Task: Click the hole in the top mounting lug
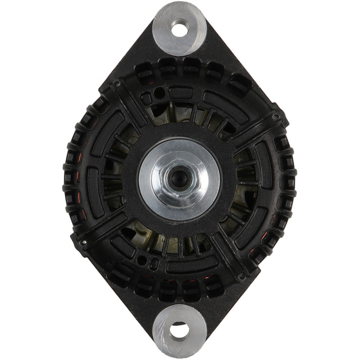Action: [180, 29]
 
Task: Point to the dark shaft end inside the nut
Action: [180, 177]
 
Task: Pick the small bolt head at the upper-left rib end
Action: [117, 84]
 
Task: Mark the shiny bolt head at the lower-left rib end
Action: [84, 243]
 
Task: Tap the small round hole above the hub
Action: [159, 93]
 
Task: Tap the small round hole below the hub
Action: [143, 260]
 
